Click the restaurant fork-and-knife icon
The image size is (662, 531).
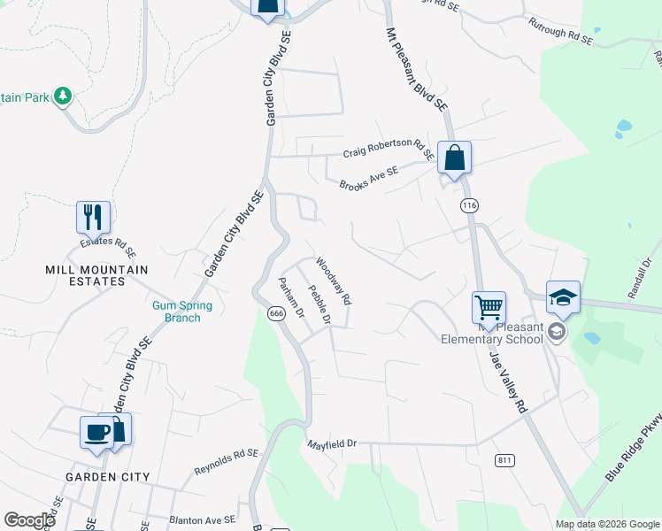(x=93, y=216)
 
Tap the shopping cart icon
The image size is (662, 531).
(x=489, y=308)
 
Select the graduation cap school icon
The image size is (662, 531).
(x=563, y=297)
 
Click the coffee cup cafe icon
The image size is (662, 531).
(x=96, y=432)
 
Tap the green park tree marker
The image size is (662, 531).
(x=63, y=96)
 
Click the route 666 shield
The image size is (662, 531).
(x=277, y=313)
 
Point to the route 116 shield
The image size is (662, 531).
(x=469, y=205)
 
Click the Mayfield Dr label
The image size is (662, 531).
(x=331, y=442)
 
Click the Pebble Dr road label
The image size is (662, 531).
(x=319, y=304)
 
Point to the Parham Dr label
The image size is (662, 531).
(x=291, y=298)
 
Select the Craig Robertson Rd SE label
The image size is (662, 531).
(x=389, y=147)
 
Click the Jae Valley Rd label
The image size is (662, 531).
(x=509, y=377)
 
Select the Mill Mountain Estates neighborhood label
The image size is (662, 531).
(x=97, y=275)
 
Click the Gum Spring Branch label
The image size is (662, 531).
(x=176, y=312)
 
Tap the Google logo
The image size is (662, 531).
(x=29, y=519)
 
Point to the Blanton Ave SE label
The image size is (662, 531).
(x=203, y=519)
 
